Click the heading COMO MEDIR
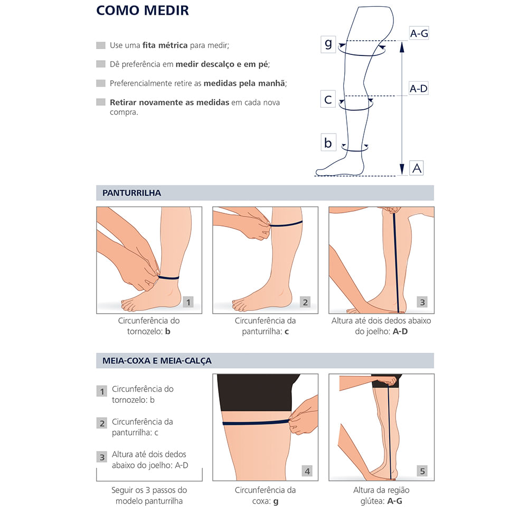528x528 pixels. [x=143, y=10]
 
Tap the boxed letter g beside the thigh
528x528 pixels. [x=328, y=44]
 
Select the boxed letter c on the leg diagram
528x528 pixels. [x=328, y=99]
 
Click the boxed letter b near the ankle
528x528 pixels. [x=328, y=143]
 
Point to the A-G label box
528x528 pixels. [x=419, y=33]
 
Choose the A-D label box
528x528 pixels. [x=419, y=88]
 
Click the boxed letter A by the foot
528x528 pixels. [x=417, y=168]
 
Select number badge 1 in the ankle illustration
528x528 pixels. [x=188, y=303]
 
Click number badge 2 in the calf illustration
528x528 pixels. [x=305, y=303]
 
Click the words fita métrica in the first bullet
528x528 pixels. [x=165, y=45]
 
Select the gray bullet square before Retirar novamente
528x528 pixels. [x=101, y=102]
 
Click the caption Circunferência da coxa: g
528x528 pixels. [x=265, y=495]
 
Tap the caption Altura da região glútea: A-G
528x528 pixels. [x=381, y=495]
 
